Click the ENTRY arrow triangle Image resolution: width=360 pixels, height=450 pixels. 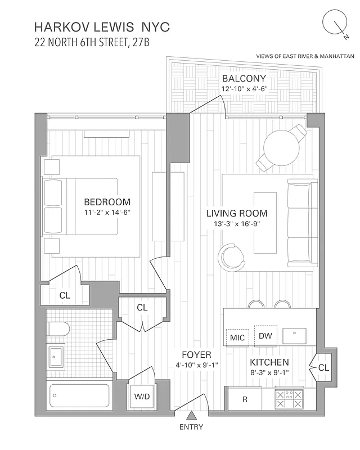(x=191, y=416)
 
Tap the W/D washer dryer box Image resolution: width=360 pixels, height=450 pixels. (x=142, y=397)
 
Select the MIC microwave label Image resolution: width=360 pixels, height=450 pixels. (x=237, y=337)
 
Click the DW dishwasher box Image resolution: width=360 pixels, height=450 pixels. (x=265, y=336)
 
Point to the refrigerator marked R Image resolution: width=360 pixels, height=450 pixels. (x=245, y=400)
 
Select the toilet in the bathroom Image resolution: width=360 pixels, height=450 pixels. (x=56, y=328)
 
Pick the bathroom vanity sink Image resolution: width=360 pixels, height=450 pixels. (x=56, y=355)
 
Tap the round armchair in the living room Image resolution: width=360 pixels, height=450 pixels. (x=231, y=257)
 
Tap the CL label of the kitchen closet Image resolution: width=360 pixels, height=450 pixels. (x=323, y=367)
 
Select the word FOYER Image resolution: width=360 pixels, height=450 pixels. (x=196, y=355)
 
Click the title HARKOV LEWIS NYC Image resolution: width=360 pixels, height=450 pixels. (x=102, y=26)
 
